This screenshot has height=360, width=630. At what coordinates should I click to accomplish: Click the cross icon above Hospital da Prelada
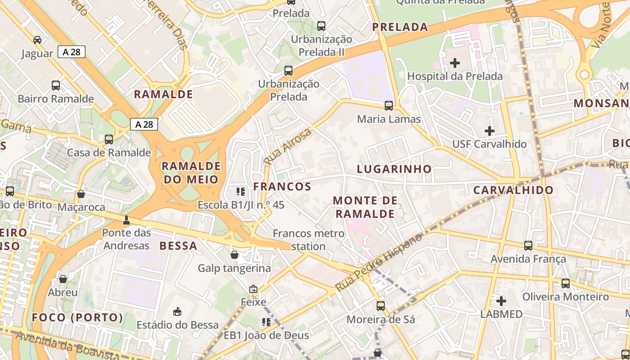455,63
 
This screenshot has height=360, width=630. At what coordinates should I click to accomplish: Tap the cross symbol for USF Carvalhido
490,131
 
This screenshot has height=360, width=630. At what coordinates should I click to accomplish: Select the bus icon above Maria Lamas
389,106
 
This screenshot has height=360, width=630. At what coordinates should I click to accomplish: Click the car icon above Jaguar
37,40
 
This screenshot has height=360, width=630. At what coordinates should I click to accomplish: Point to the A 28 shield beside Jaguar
72,52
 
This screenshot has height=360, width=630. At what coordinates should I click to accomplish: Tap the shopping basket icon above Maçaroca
81,194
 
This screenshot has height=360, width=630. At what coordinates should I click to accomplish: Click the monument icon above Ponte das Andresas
126,220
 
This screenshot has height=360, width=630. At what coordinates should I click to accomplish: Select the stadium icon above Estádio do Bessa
177,311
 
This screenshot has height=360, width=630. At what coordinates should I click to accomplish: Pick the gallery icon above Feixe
253,289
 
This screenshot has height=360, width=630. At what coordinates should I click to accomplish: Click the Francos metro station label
309,240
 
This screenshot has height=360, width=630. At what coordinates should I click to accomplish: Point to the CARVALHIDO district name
513,190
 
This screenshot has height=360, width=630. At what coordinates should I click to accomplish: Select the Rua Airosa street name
288,146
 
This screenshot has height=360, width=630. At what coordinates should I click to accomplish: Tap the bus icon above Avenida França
528,246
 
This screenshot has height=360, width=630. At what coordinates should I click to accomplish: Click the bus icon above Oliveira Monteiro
566,283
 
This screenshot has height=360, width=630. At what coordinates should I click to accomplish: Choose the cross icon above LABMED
501,301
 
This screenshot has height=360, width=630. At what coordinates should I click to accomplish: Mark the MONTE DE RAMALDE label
365,207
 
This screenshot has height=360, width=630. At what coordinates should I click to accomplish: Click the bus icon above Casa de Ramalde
109,139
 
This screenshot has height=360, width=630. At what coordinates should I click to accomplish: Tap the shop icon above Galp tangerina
234,255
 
